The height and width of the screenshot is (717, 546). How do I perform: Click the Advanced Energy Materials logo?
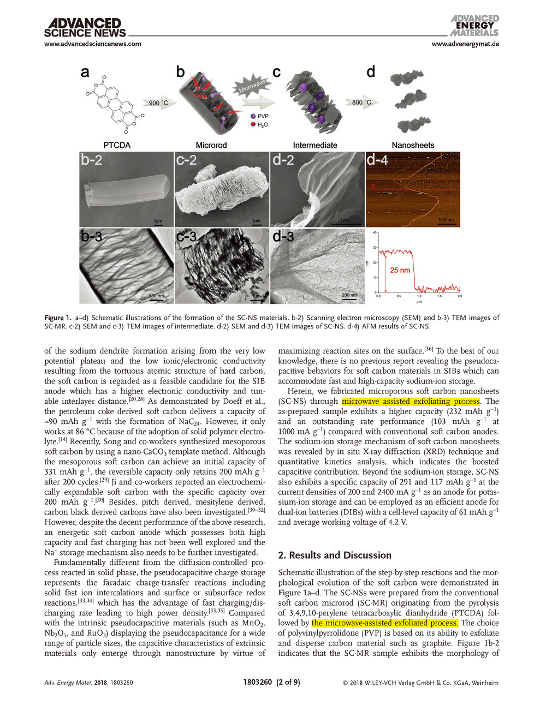[474, 26]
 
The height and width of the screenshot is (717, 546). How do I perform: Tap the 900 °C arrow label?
[158, 103]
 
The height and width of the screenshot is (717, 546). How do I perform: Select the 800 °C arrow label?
[361, 102]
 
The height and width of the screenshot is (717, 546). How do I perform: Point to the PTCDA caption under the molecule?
[117, 145]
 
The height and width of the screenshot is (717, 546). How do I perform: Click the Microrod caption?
[211, 145]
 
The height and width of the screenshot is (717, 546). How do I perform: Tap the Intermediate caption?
[315, 145]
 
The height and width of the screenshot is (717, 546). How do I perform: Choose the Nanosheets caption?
[413, 145]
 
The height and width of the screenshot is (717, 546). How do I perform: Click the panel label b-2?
[92, 160]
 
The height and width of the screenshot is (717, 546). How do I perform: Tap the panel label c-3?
[186, 237]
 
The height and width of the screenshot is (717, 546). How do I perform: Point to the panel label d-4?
[377, 160]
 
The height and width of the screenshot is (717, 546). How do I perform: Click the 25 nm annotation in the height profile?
[400, 270]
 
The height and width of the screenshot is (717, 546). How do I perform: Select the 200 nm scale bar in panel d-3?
[349, 295]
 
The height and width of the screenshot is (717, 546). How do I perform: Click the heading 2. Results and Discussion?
[335, 555]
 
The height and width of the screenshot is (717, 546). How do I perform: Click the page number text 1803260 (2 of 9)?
[271, 682]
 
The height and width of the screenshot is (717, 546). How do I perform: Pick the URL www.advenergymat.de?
[465, 44]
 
